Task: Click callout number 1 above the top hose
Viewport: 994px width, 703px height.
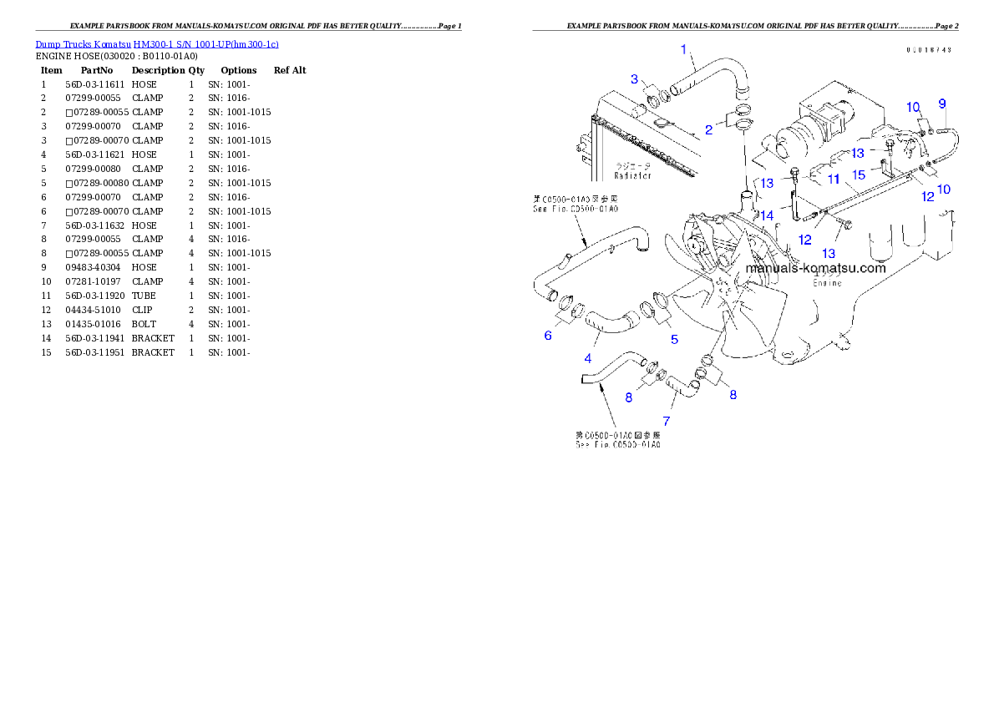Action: (x=683, y=49)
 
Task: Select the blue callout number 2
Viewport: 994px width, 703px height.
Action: (x=708, y=129)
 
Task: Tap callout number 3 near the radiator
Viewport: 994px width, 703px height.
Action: (x=634, y=79)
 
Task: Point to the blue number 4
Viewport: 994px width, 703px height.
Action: (x=588, y=358)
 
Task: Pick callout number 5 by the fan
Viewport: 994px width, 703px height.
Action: (x=674, y=339)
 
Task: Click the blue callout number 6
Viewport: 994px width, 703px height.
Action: (x=548, y=336)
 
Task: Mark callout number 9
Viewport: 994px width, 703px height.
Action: (x=942, y=104)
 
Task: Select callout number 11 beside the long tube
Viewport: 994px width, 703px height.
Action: (x=834, y=179)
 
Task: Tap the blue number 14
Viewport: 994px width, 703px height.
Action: (x=767, y=215)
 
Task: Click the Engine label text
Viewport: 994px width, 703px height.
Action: (x=828, y=283)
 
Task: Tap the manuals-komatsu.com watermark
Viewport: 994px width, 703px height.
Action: (x=815, y=268)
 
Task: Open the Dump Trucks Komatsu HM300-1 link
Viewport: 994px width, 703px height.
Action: (x=157, y=44)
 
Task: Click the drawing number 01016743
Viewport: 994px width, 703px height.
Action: (x=929, y=50)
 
